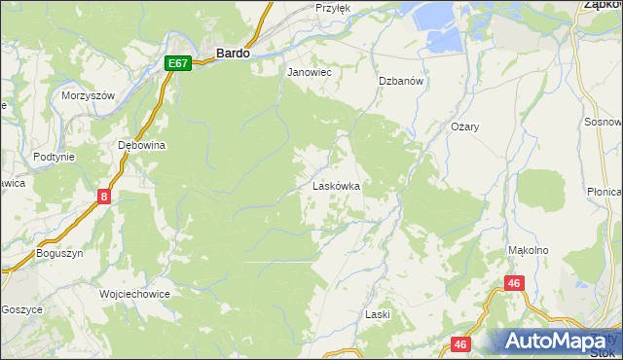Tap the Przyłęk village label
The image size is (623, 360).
point(333,8)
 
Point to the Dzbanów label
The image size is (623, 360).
point(400,82)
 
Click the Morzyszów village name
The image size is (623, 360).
point(89,95)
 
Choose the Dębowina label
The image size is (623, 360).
point(142,145)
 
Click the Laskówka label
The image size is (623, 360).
point(336,185)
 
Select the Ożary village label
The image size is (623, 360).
point(466,127)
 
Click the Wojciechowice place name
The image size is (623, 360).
point(135,293)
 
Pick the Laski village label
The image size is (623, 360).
point(377,314)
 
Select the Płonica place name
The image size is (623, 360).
point(605,193)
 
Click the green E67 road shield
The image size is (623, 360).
point(177,63)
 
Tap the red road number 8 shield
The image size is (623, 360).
point(104,197)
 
